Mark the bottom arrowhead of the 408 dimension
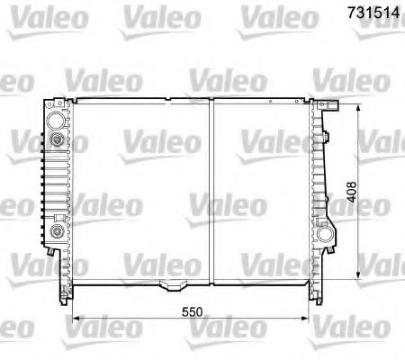pos(359,274)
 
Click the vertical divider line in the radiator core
pos(211,189)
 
